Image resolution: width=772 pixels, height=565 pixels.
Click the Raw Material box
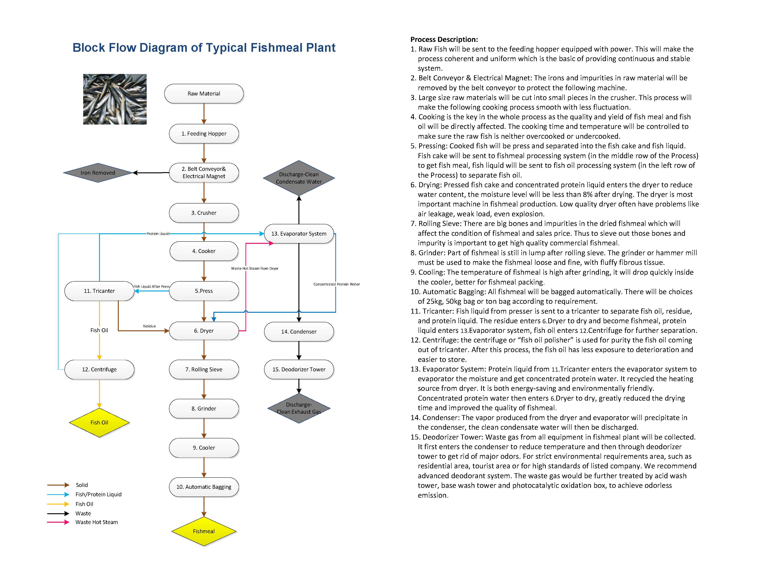204,93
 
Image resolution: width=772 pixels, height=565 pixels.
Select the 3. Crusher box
204,213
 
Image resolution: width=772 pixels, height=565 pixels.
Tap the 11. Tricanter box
99,291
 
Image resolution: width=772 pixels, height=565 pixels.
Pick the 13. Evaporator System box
298,234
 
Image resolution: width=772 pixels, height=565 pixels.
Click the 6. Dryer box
204,331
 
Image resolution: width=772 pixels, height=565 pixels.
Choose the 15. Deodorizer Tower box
298,369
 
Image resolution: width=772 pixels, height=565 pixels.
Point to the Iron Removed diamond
98,173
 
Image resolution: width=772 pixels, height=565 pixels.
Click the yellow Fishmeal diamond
204,531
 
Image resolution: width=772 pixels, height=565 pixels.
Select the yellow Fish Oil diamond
99,422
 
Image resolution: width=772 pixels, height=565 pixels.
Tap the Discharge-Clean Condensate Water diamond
298,178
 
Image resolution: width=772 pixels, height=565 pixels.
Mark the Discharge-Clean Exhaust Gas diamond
298,408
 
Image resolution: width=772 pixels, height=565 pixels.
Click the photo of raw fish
115,99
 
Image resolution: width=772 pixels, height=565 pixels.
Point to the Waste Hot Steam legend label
96,522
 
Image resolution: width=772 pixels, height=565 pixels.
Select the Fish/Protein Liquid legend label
98,494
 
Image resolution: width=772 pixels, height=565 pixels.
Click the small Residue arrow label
149,326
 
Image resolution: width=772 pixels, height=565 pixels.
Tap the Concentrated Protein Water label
336,284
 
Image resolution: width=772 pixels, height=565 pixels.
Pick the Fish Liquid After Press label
151,287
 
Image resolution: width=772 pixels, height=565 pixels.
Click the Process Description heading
444,39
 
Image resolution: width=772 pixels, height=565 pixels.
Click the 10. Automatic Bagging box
204,487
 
